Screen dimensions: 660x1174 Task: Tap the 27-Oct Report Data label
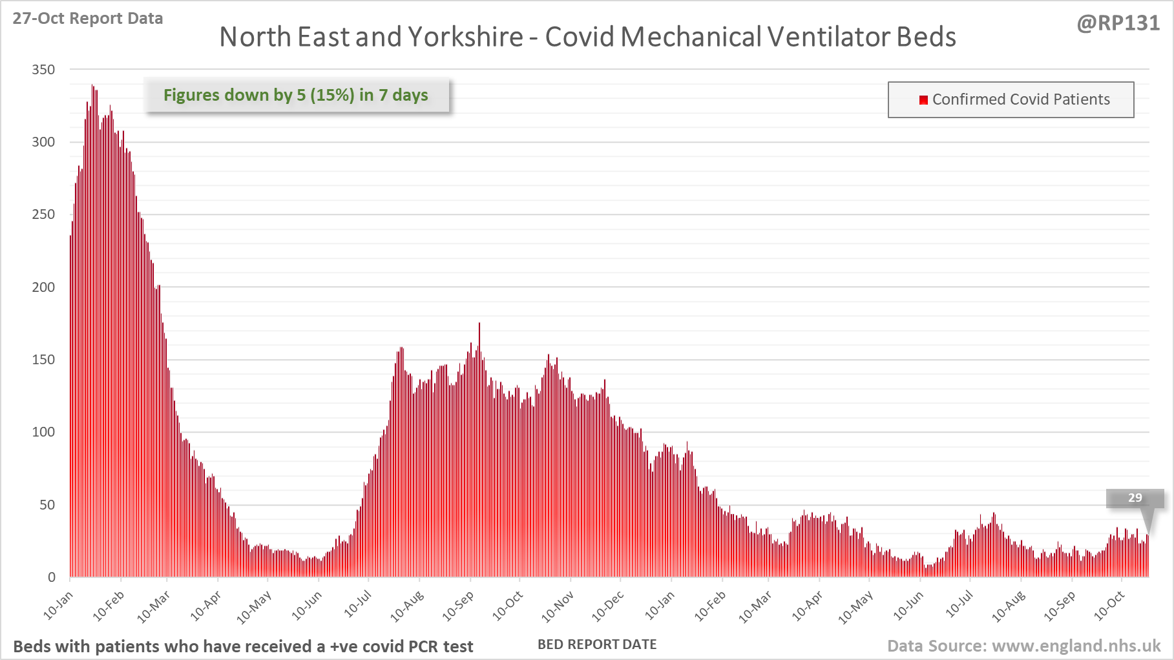tap(88, 18)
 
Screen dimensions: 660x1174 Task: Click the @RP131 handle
tap(1118, 23)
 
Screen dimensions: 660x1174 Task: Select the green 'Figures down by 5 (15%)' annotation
tap(296, 95)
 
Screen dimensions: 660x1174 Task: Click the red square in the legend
tap(923, 99)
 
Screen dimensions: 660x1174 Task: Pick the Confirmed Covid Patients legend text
tap(1021, 99)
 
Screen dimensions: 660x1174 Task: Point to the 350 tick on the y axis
tap(43, 69)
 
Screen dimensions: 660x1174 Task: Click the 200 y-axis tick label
tap(43, 287)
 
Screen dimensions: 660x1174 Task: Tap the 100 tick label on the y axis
tap(43, 432)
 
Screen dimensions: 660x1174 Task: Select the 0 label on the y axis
tap(52, 577)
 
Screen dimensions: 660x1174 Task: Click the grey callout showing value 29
tap(1135, 498)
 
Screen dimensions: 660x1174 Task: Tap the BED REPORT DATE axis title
tap(597, 645)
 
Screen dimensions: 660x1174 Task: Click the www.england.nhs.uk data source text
tap(1076, 646)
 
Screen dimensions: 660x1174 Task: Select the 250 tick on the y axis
tap(43, 214)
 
